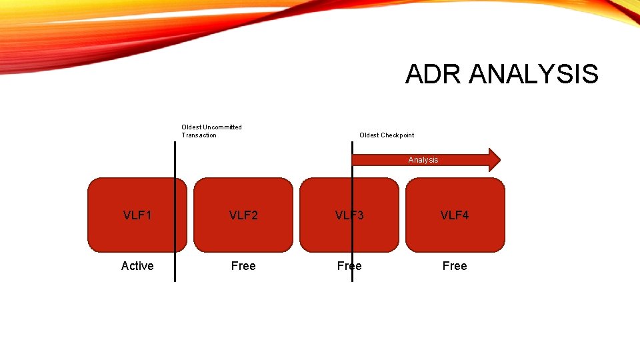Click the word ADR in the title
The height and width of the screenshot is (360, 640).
click(433, 74)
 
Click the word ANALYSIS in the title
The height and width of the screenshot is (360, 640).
click(533, 74)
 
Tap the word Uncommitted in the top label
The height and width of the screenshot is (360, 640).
click(223, 127)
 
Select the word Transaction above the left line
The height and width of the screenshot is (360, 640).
click(199, 135)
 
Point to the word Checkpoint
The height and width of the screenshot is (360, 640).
click(397, 135)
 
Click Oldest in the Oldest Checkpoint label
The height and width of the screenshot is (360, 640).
click(369, 135)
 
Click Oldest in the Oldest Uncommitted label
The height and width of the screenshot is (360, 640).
click(191, 127)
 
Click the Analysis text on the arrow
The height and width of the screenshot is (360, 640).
click(423, 160)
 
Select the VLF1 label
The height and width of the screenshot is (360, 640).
click(137, 215)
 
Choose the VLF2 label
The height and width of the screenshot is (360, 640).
click(243, 215)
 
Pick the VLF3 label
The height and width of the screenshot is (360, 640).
click(349, 215)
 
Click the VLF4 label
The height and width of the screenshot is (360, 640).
click(455, 215)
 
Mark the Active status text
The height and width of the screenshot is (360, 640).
click(137, 266)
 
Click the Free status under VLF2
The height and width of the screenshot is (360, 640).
click(243, 266)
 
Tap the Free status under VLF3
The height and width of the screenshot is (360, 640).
click(349, 266)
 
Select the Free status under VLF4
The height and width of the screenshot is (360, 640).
click(455, 266)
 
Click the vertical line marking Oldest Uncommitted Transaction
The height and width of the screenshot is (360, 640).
click(175, 167)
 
